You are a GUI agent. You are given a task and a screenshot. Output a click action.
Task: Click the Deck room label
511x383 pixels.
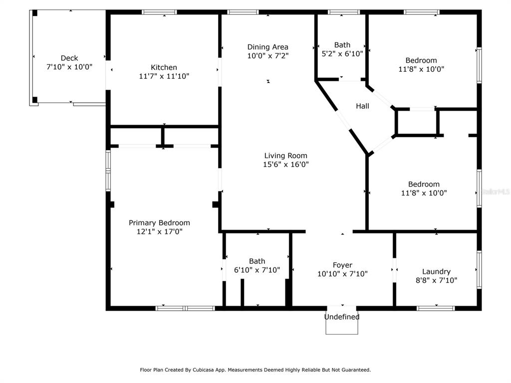tap(69, 58)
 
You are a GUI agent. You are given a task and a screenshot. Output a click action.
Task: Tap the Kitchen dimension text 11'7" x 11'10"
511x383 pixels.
tap(164, 76)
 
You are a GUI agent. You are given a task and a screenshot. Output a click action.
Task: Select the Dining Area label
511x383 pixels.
tap(267, 47)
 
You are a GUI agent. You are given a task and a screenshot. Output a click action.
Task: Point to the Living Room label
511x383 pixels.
tap(285, 156)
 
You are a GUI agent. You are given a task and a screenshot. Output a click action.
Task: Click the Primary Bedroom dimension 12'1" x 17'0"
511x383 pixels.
tap(159, 231)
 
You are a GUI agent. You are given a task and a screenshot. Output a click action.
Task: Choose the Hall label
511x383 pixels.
tap(362, 106)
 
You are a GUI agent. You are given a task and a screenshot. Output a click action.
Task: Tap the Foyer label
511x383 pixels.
tap(342, 265)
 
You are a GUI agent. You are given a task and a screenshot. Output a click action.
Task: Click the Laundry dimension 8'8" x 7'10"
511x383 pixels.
tap(436, 280)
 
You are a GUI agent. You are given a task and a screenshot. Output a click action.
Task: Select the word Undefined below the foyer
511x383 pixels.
tap(342, 317)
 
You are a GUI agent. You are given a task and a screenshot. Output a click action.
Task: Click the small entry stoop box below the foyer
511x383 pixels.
tap(342, 327)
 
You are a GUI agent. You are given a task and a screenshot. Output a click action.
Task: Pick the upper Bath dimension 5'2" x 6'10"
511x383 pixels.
tap(342, 54)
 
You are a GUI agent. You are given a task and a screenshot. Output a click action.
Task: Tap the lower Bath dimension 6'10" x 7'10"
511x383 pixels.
tap(257, 270)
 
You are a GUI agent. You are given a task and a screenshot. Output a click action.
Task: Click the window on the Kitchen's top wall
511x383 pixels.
tap(160, 12)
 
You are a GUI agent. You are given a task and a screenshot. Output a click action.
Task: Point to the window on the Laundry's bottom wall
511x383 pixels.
tap(436, 308)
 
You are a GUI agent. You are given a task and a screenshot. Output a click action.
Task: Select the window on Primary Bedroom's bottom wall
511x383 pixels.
tap(185, 308)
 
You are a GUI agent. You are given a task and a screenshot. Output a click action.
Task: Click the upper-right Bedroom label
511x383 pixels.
tap(421, 60)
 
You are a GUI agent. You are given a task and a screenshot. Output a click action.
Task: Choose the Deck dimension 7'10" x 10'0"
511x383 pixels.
tap(69, 67)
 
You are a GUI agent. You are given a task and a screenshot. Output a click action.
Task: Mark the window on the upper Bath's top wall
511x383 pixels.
tap(344, 12)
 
